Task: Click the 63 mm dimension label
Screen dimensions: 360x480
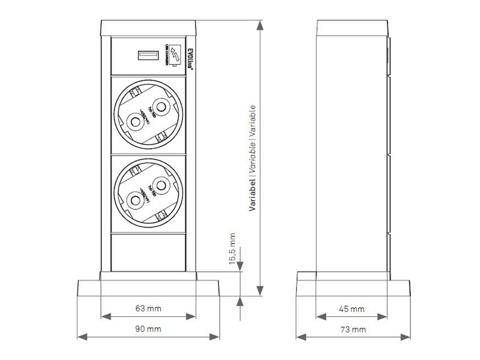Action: pos(148,309)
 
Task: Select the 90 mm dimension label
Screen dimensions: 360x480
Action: pos(148,329)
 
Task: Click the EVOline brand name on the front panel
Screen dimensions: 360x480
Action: pos(189,58)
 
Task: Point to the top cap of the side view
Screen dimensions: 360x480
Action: pos(352,28)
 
